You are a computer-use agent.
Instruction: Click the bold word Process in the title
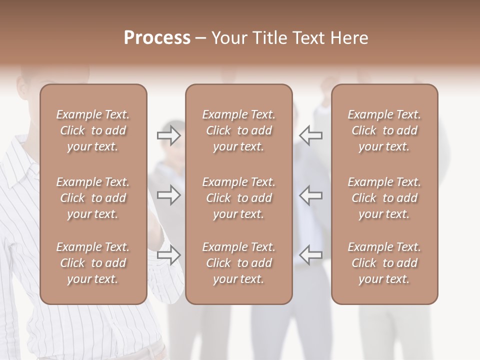point(157,38)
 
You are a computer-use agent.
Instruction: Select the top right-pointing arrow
point(168,135)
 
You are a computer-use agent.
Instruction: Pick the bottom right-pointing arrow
point(168,254)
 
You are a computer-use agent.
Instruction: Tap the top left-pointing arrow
point(311,135)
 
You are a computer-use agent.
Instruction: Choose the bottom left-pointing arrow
point(311,254)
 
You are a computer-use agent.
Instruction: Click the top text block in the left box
point(93,130)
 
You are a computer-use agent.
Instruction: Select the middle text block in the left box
point(93,198)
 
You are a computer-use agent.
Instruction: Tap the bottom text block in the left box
point(93,263)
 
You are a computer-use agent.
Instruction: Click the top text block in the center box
point(238,130)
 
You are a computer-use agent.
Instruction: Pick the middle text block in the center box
point(238,198)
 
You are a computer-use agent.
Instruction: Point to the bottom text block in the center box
point(238,263)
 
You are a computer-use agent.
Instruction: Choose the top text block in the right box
point(384,130)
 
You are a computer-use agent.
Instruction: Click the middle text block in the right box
point(384,198)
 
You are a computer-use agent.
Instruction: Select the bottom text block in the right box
point(384,263)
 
